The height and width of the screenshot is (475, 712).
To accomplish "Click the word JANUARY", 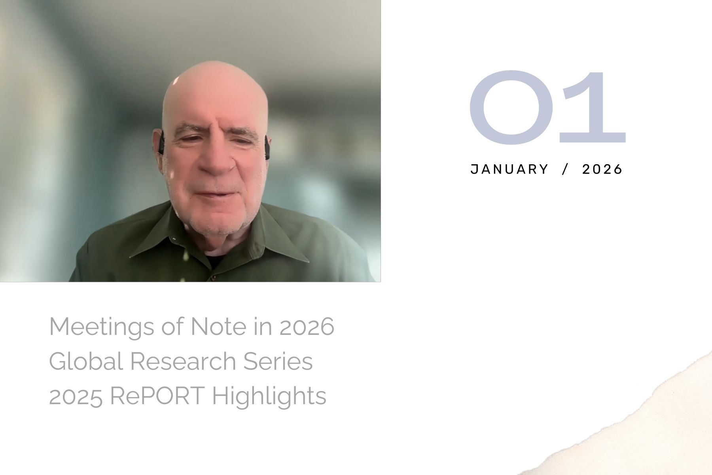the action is click(509, 169).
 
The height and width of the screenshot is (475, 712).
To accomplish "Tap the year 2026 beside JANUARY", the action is click(602, 169).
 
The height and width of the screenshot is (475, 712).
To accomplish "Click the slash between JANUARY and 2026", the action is click(565, 169).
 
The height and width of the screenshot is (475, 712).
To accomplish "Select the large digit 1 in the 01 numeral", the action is click(593, 107).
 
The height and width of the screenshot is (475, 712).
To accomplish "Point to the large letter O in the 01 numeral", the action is click(511, 107).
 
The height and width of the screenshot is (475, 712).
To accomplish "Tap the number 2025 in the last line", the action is click(76, 395).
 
